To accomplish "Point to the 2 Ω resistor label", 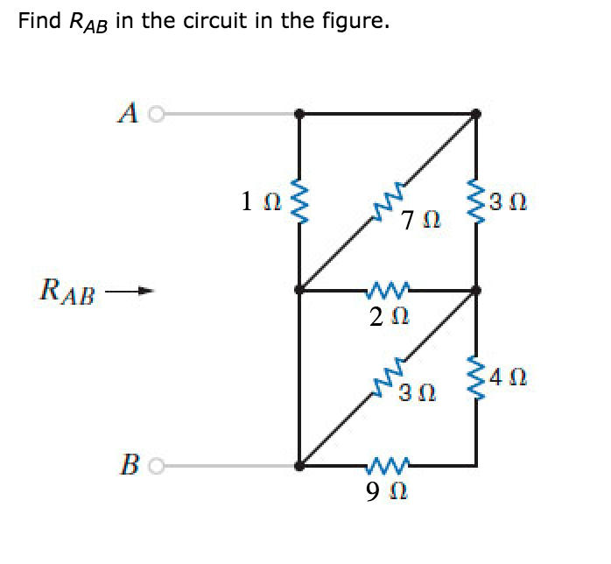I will tap(384, 316).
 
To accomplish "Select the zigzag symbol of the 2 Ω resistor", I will tap(385, 289).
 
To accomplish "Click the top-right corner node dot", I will tap(476, 113).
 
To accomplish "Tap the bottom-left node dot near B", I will tap(299, 466).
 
